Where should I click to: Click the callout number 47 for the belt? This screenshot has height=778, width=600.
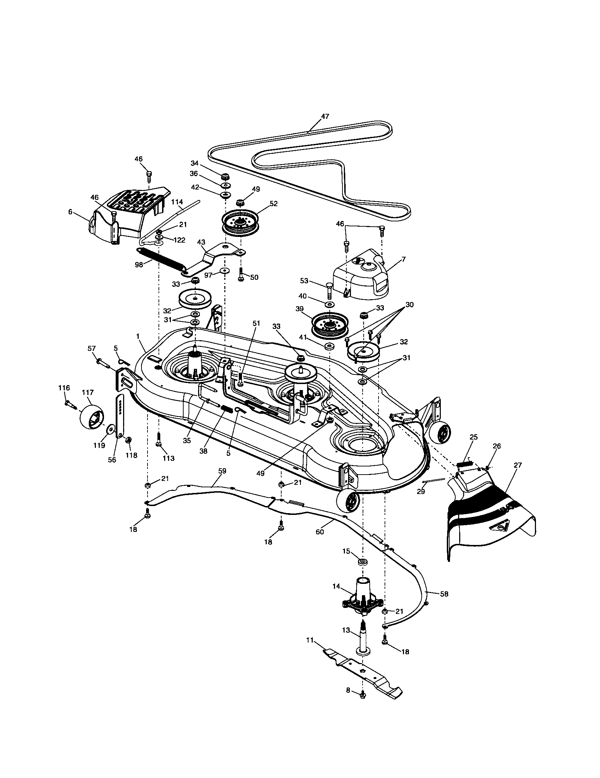point(324,116)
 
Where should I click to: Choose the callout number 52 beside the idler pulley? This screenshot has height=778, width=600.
point(273,204)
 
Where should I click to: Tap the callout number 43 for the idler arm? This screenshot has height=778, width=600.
point(201,242)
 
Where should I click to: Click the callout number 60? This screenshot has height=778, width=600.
point(319,532)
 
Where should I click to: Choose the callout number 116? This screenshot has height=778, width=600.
point(64,388)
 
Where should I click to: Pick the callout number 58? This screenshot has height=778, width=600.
point(444,594)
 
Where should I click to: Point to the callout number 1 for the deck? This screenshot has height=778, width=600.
point(138,336)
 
